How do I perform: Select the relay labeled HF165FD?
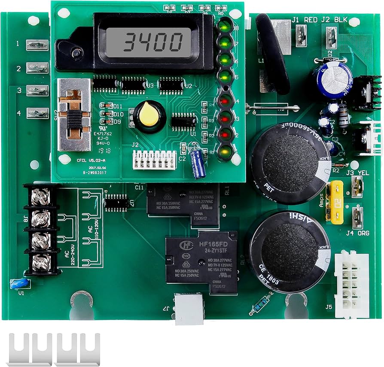click(201, 262)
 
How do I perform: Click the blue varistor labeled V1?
click(19, 283)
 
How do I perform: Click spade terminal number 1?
click(38, 44)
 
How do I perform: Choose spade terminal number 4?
click(38, 113)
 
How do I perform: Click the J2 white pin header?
click(153, 160)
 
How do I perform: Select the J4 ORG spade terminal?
click(357, 218)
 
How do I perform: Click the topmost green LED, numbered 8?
click(223, 27)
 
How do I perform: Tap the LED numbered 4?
click(223, 101)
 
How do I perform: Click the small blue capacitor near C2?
click(199, 163)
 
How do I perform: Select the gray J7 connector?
click(189, 309)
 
